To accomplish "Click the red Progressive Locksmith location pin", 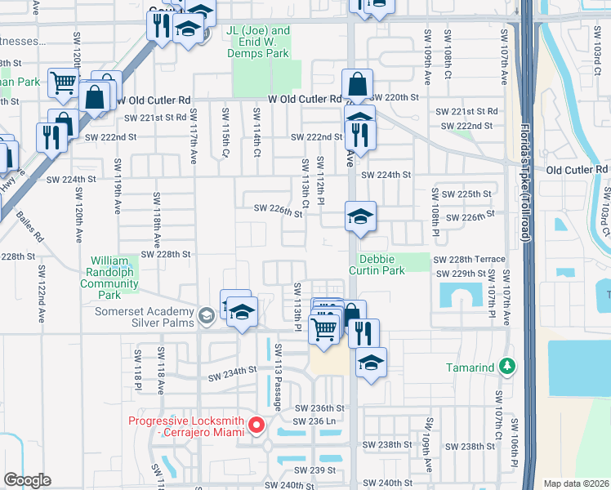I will point(256,425).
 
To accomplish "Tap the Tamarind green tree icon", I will point(507,367).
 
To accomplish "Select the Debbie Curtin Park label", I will point(377,264).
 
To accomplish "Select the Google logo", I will point(27,479).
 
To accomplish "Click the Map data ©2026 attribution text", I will point(576,483).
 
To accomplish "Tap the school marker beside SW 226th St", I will point(360,217).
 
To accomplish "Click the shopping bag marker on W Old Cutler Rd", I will point(357,84).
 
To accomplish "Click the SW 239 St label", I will point(315,470).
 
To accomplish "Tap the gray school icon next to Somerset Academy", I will point(207,314).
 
